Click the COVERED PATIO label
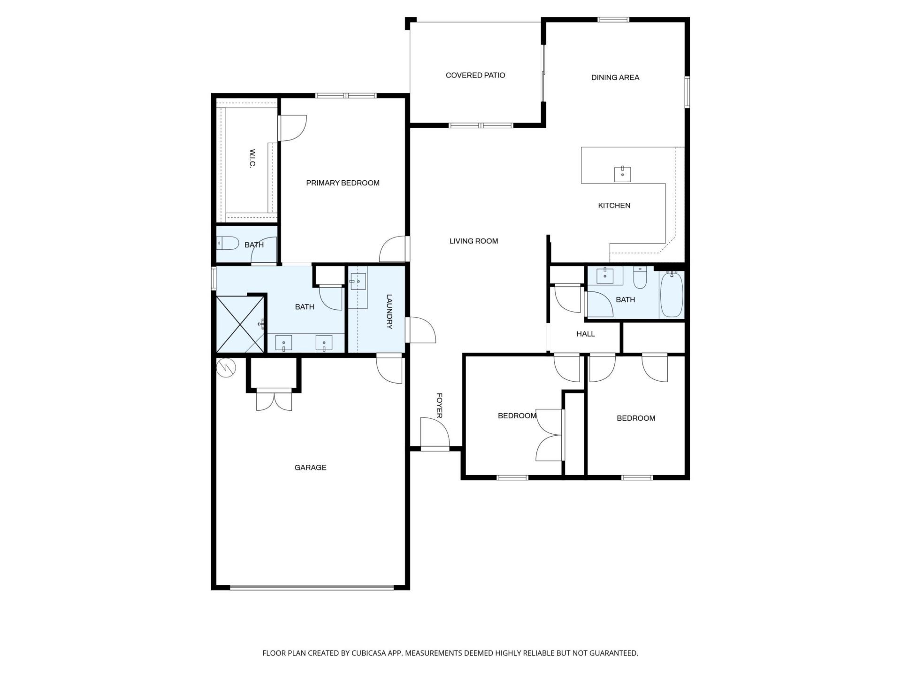click(x=475, y=75)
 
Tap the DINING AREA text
click(x=615, y=77)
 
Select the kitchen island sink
click(x=622, y=174)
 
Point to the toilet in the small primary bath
click(x=227, y=243)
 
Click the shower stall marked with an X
click(x=240, y=324)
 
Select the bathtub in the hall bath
click(x=672, y=295)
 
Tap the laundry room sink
click(x=358, y=282)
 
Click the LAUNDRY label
click(x=389, y=311)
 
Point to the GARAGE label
click(x=310, y=468)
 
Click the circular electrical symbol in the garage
click(x=226, y=368)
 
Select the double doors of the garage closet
click(x=274, y=400)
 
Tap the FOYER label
click(x=439, y=406)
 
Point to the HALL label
click(x=585, y=334)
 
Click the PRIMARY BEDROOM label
click(x=343, y=183)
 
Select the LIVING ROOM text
click(x=473, y=241)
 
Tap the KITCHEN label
click(x=614, y=206)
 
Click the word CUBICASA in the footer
click(x=371, y=653)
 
